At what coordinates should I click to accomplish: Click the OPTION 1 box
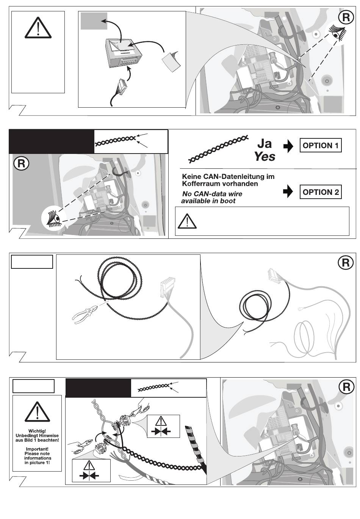click(x=320, y=145)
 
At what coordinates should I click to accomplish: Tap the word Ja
click(x=265, y=143)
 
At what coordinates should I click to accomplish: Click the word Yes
click(x=265, y=157)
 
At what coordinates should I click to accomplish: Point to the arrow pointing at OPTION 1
click(x=288, y=146)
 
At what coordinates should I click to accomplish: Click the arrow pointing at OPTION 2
click(x=288, y=191)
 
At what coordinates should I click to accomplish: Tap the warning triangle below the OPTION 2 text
click(x=187, y=221)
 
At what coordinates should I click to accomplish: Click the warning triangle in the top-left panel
click(x=38, y=27)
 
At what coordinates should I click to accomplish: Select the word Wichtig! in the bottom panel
click(x=37, y=431)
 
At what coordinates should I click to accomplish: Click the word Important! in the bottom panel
click(x=37, y=449)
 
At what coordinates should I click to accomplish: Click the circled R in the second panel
click(x=21, y=163)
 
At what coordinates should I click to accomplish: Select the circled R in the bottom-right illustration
click(x=346, y=387)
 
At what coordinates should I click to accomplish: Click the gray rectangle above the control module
click(x=94, y=21)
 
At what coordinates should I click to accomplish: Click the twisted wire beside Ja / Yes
click(x=218, y=149)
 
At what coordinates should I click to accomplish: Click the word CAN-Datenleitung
click(x=232, y=177)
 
